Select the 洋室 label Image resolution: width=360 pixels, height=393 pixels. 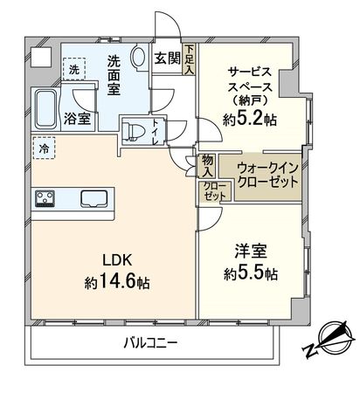[x=250, y=250]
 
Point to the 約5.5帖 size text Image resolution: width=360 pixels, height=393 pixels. [x=250, y=273]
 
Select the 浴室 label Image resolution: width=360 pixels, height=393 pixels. [x=75, y=118]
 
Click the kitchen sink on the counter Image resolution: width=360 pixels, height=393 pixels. [x=93, y=198]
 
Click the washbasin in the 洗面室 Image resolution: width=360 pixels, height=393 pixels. [x=140, y=58]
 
